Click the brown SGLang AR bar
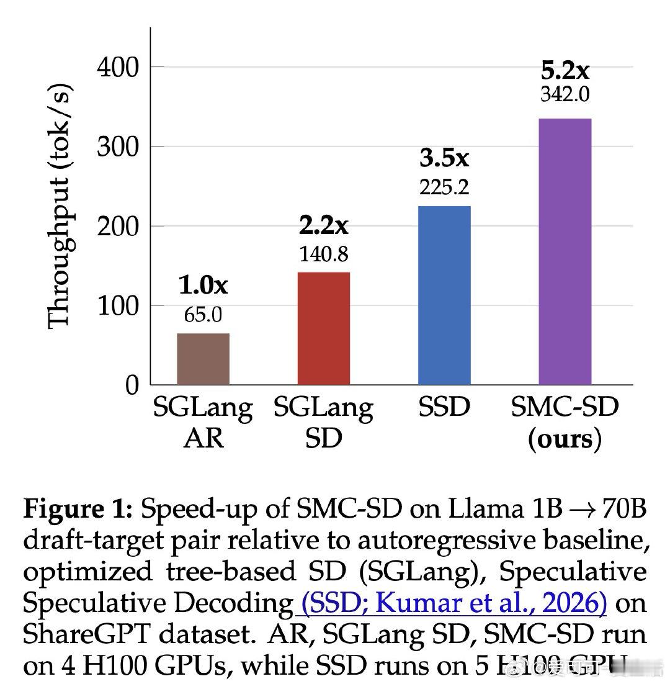coord(203,359)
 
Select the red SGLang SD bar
coord(323,328)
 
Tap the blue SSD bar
coord(444,295)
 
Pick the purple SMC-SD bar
coord(565,251)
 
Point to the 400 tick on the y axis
coord(118,66)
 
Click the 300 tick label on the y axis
coord(118,146)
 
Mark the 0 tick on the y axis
coord(132,385)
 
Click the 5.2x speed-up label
coord(565,70)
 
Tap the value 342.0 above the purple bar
coord(565,94)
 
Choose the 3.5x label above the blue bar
coord(444,158)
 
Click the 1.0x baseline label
coord(203,286)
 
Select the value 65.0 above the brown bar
coord(203,315)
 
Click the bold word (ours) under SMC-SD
coord(565,439)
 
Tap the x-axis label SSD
coord(444,408)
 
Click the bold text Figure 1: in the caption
coord(78,510)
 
